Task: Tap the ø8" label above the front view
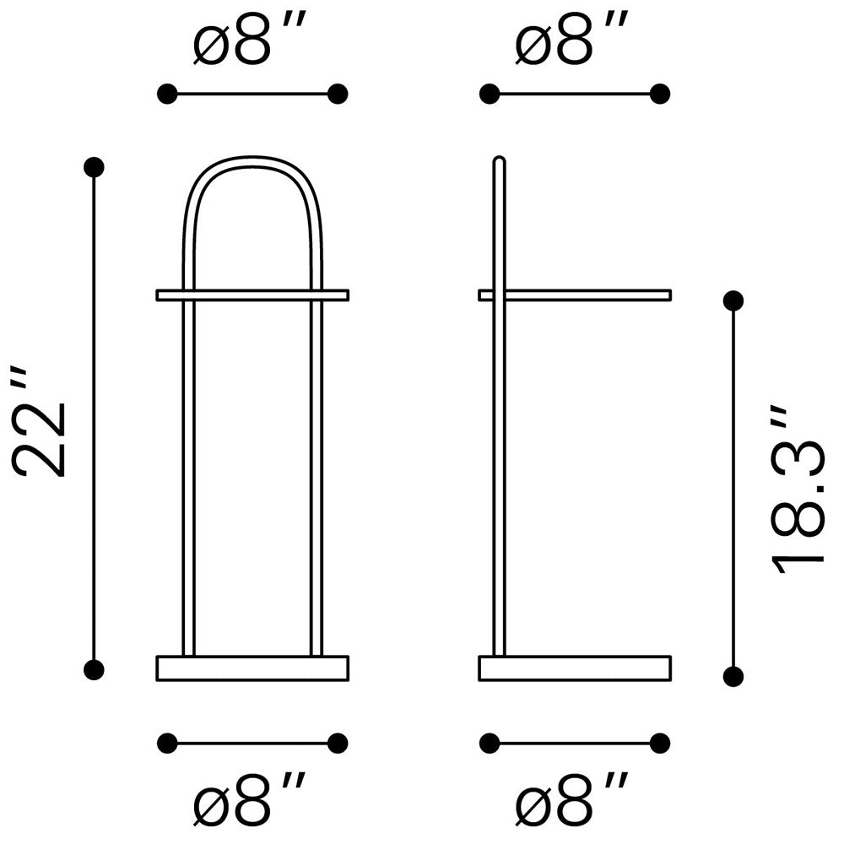(x=250, y=40)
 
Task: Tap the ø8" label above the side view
(x=572, y=40)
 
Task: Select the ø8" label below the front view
(x=250, y=799)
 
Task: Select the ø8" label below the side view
(x=572, y=799)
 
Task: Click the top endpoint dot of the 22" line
(x=95, y=167)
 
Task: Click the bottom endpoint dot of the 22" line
(x=95, y=669)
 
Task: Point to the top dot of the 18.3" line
(x=733, y=300)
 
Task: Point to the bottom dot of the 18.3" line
(x=733, y=676)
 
